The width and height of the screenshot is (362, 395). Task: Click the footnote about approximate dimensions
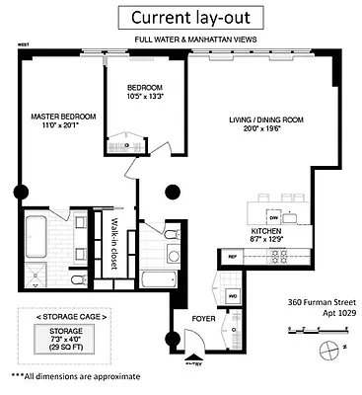pyautogui.click(x=76, y=376)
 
